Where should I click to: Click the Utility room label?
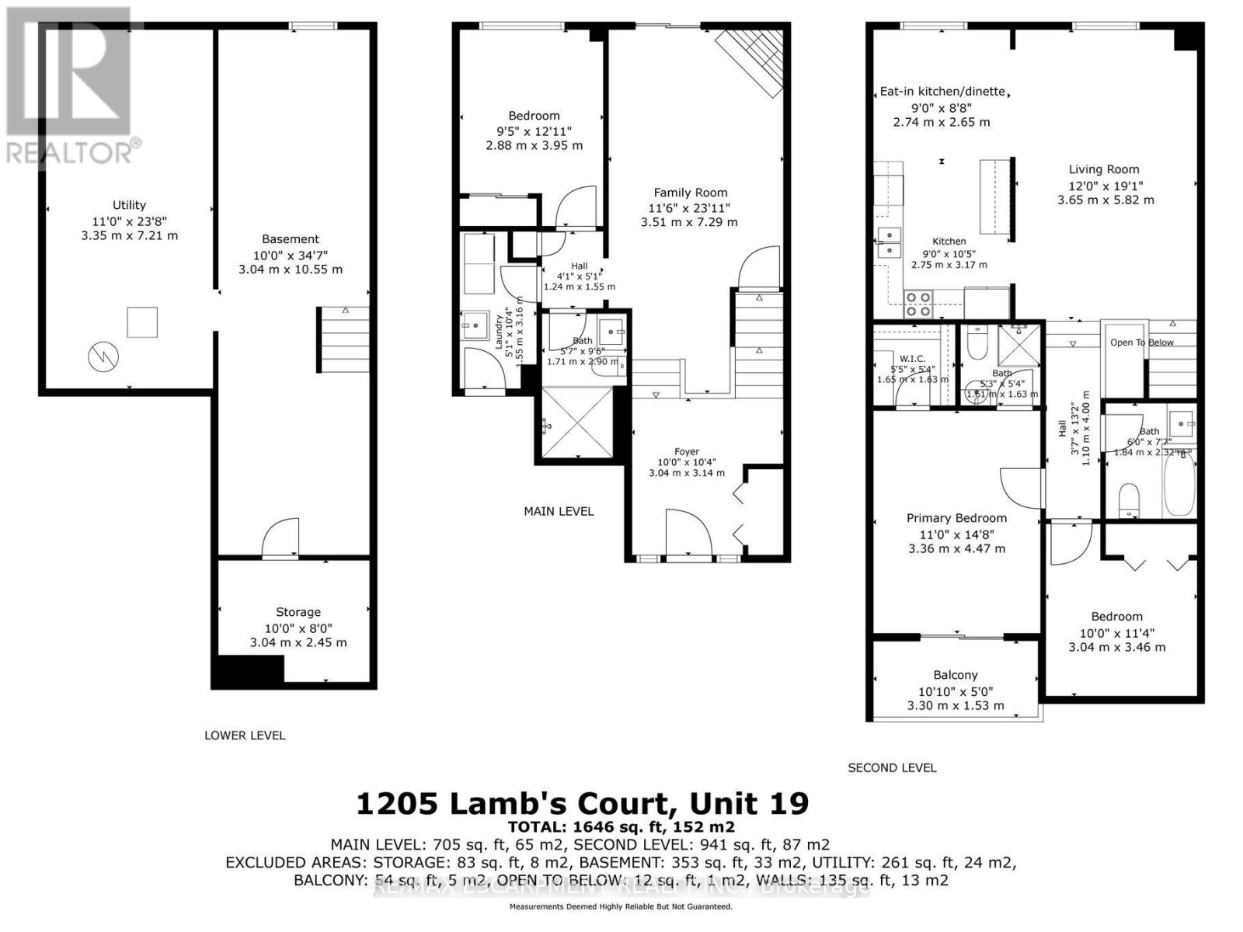(x=129, y=205)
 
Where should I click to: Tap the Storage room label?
(x=298, y=612)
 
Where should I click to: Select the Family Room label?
(x=690, y=193)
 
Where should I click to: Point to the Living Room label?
(x=1104, y=169)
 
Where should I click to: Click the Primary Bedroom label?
(x=956, y=518)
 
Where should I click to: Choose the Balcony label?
(x=956, y=675)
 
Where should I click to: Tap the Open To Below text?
(x=1141, y=343)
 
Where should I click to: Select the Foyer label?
(x=687, y=451)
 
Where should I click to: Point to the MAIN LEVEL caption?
(x=559, y=511)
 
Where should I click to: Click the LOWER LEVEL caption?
(x=245, y=735)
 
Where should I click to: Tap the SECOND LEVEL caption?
(x=892, y=767)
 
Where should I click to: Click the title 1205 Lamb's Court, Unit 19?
(x=582, y=802)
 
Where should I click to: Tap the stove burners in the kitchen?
(x=919, y=304)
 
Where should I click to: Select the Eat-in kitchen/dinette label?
(x=942, y=91)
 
